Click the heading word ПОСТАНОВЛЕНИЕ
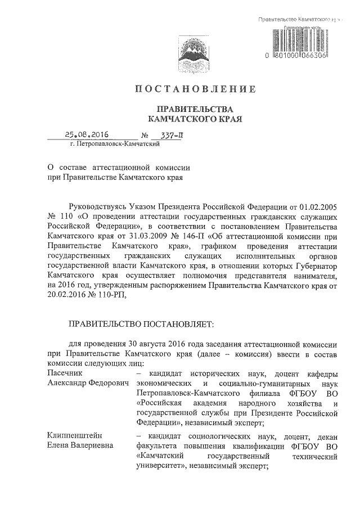tap(196, 89)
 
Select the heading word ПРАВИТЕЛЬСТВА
tap(194, 109)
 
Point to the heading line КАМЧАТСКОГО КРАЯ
tap(194, 119)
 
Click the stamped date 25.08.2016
tap(86, 135)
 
